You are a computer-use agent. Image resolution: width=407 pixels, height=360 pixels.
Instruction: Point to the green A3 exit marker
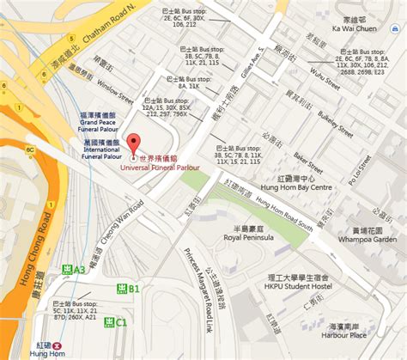point(75,270)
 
